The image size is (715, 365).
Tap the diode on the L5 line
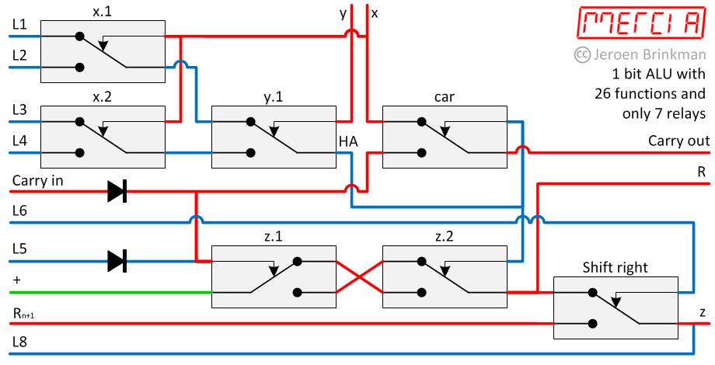117,261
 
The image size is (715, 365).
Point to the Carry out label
678,141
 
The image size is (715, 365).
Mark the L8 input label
20,341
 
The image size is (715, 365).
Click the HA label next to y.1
347,141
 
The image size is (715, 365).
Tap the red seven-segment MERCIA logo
640,25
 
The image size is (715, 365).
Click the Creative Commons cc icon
581,54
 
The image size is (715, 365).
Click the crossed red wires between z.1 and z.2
359,277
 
